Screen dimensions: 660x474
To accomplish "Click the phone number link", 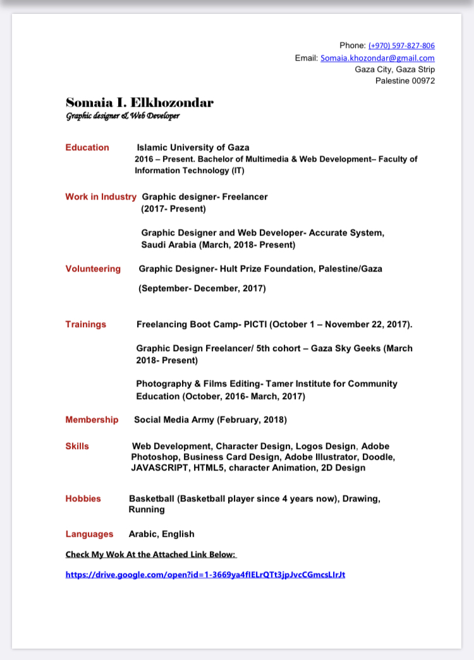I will [x=401, y=45].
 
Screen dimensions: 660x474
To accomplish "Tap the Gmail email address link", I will [x=377, y=57].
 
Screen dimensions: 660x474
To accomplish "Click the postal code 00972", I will [x=423, y=81].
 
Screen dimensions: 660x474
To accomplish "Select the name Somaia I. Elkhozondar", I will [x=140, y=102].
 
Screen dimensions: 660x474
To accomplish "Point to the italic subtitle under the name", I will [x=123, y=116].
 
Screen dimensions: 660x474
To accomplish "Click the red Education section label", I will [x=87, y=147].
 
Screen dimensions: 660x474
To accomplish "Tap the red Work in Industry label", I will [x=100, y=196].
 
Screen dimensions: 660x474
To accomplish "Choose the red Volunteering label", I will [x=93, y=268].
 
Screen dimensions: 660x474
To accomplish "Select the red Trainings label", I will [x=86, y=324].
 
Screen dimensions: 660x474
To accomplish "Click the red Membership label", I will [x=92, y=419].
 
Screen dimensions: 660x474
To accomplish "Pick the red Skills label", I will [x=77, y=446].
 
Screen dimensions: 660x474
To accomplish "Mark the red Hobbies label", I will [x=83, y=498].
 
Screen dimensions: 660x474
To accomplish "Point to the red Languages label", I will [x=89, y=534].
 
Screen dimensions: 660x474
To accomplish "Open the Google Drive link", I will [x=205, y=575].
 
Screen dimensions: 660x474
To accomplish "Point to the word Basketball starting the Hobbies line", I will [x=152, y=498].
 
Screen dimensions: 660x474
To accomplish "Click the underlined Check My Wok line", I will [x=150, y=555].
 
